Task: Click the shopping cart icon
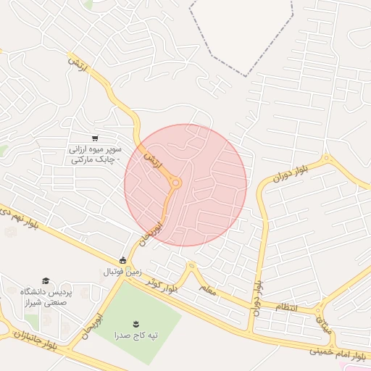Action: pyautogui.click(x=94, y=138)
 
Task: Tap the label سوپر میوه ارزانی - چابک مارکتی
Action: pyautogui.click(x=94, y=154)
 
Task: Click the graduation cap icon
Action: pyautogui.click(x=46, y=280)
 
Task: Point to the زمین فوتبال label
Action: pyautogui.click(x=120, y=272)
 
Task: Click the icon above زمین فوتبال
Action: pyautogui.click(x=122, y=260)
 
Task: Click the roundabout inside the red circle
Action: pyautogui.click(x=175, y=183)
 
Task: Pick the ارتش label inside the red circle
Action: pyautogui.click(x=150, y=158)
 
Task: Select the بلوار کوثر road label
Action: pyautogui.click(x=161, y=285)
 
